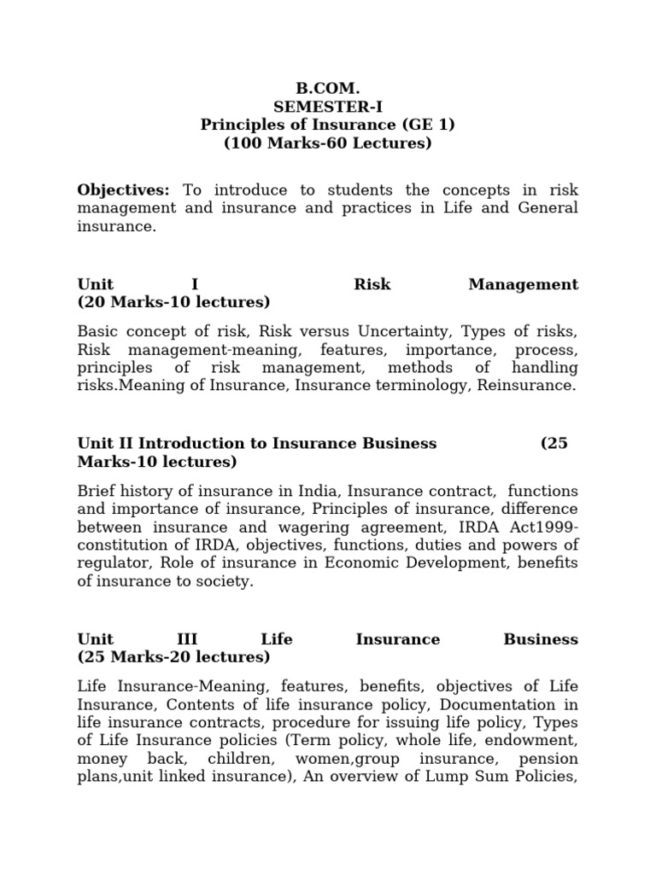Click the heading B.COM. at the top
pyautogui.click(x=328, y=88)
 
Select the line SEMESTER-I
pyautogui.click(x=328, y=107)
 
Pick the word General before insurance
pyautogui.click(x=548, y=207)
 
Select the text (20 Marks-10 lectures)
pyautogui.click(x=173, y=301)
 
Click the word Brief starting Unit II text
pyautogui.click(x=97, y=492)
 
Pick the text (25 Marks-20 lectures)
pyautogui.click(x=173, y=656)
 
